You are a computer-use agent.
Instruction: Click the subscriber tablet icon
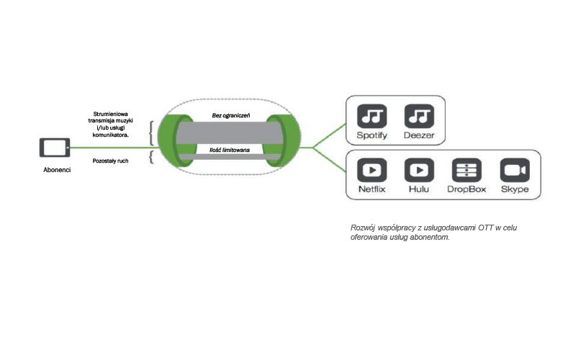pyautogui.click(x=55, y=148)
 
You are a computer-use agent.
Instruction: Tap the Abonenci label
pyautogui.click(x=57, y=171)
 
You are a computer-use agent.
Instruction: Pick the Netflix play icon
pyautogui.click(x=373, y=171)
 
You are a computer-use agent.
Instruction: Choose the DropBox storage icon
pyautogui.click(x=467, y=171)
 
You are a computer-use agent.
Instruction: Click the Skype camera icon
pyautogui.click(x=515, y=171)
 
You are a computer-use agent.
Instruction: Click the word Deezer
pyautogui.click(x=419, y=135)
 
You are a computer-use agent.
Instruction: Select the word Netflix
pyautogui.click(x=373, y=189)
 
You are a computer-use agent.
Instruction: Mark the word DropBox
pyautogui.click(x=467, y=189)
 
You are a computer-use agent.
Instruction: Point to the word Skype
pyautogui.click(x=515, y=189)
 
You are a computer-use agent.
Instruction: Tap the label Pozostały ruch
pyautogui.click(x=111, y=160)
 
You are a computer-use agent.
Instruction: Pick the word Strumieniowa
pyautogui.click(x=111, y=114)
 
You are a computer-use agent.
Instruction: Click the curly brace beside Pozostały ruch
pyautogui.click(x=151, y=157)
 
